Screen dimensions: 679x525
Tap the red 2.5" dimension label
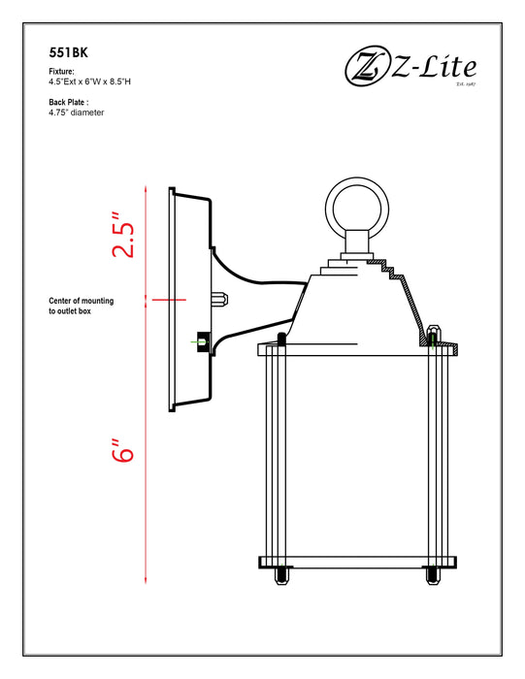coord(122,236)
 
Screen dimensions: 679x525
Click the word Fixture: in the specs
coord(61,73)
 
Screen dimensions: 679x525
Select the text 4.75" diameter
coord(77,113)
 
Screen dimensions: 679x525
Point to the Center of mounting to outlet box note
coord(82,307)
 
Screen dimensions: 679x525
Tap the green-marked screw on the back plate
coord(201,342)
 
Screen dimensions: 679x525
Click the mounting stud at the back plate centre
coord(219,300)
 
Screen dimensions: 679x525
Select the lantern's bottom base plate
coord(355,562)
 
